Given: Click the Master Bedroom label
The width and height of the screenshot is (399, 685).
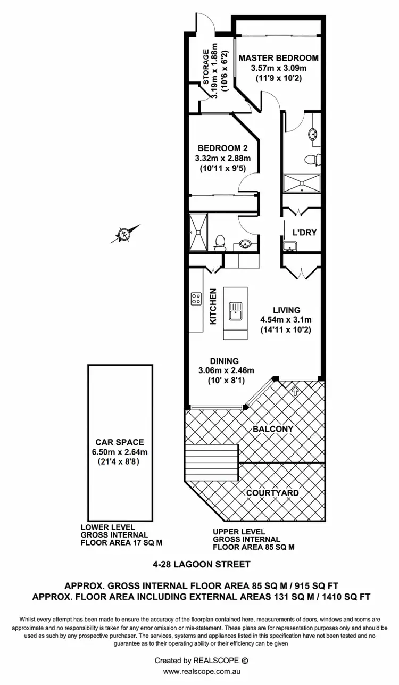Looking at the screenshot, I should pos(278,58).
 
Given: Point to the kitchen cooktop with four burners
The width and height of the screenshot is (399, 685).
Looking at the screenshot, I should pos(196,299).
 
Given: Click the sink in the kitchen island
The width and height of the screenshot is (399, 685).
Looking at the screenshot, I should pos(235,309).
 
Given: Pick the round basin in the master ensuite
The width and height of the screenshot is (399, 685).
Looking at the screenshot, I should pos(312,135).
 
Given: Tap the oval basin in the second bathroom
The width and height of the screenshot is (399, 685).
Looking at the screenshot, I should pos(246,244).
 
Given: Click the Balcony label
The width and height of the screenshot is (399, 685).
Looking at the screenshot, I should pos(273,428).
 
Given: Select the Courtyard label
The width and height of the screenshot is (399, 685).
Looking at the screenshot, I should pos(272,493).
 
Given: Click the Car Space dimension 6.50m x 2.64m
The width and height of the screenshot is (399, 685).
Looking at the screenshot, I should pos(120,452).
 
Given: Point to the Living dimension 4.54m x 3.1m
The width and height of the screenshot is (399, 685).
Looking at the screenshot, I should pos(286,320).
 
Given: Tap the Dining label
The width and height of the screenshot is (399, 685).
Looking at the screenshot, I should pos(224,360).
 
